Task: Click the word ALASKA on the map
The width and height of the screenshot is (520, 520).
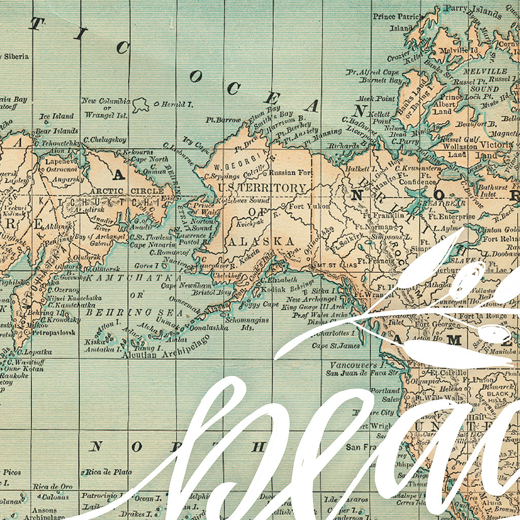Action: pyautogui.click(x=261, y=241)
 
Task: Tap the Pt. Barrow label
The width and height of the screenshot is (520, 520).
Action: pyautogui.click(x=223, y=120)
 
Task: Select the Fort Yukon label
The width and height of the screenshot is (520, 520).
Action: pyautogui.click(x=309, y=206)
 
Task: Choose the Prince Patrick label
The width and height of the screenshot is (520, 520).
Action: pyautogui.click(x=398, y=17)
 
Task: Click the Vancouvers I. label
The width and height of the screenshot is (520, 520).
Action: pyautogui.click(x=353, y=365)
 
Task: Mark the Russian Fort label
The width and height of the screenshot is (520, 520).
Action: pyautogui.click(x=291, y=173)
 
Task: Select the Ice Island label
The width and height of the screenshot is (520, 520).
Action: pyautogui.click(x=56, y=116)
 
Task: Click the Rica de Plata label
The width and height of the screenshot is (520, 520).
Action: pyautogui.click(x=108, y=472)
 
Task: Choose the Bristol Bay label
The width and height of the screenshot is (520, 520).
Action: pyautogui.click(x=211, y=293)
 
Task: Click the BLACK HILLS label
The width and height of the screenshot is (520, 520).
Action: pyautogui.click(x=498, y=397)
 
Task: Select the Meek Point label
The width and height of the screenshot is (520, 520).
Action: pyautogui.click(x=376, y=99)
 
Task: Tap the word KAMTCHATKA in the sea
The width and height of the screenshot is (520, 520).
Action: pyautogui.click(x=134, y=278)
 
